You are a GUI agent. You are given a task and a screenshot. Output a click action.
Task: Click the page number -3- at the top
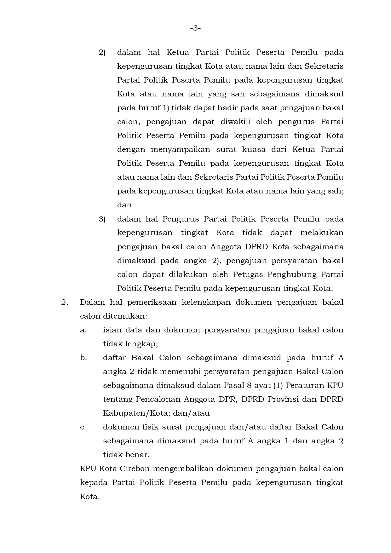coord(195,28)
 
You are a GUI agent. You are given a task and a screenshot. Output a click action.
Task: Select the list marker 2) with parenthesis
coord(102,53)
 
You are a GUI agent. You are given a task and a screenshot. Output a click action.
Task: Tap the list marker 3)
coord(102,219)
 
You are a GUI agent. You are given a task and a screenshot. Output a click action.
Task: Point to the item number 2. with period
coord(65,302)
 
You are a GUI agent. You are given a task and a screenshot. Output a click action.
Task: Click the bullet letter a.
coord(83,330)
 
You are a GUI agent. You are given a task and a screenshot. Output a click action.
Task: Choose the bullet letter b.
coord(83,358)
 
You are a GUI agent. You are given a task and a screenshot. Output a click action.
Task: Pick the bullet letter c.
coord(83,427)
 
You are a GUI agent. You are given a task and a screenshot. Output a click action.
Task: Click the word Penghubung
coord(292,275)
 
